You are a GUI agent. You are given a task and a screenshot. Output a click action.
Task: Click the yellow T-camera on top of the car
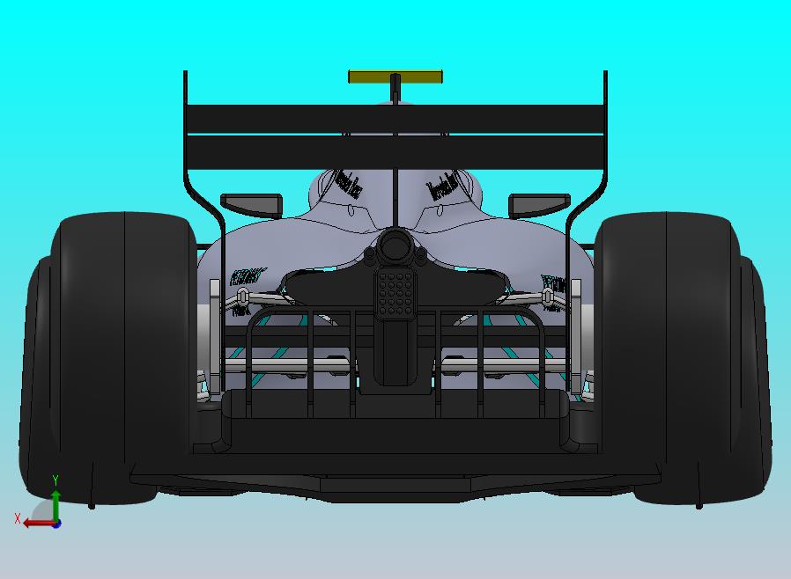pyautogui.click(x=395, y=77)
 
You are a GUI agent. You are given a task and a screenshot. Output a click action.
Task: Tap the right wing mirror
pyautogui.click(x=539, y=204)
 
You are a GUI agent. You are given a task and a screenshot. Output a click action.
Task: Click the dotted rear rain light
pyautogui.click(x=395, y=294)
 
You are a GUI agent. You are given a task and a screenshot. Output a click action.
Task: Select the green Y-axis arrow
pyautogui.click(x=55, y=504)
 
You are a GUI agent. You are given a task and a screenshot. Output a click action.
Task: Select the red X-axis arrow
pyautogui.click(x=35, y=523)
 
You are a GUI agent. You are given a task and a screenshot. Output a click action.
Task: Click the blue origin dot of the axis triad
pyautogui.click(x=56, y=524)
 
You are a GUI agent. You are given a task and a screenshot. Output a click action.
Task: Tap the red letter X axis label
pyautogui.click(x=18, y=518)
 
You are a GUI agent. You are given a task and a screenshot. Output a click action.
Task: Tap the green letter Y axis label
pyautogui.click(x=55, y=480)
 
